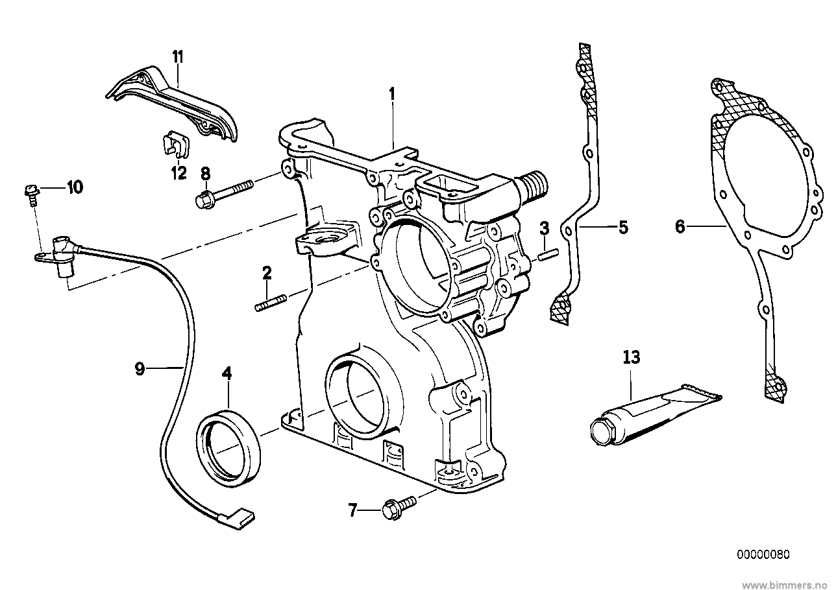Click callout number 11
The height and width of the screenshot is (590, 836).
[178, 57]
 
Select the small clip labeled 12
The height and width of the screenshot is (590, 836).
[172, 146]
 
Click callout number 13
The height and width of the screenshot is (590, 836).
[631, 357]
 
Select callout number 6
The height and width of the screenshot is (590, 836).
[680, 226]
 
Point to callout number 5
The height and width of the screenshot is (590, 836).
[622, 228]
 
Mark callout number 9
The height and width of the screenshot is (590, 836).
[139, 368]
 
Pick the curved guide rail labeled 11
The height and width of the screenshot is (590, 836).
[175, 104]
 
